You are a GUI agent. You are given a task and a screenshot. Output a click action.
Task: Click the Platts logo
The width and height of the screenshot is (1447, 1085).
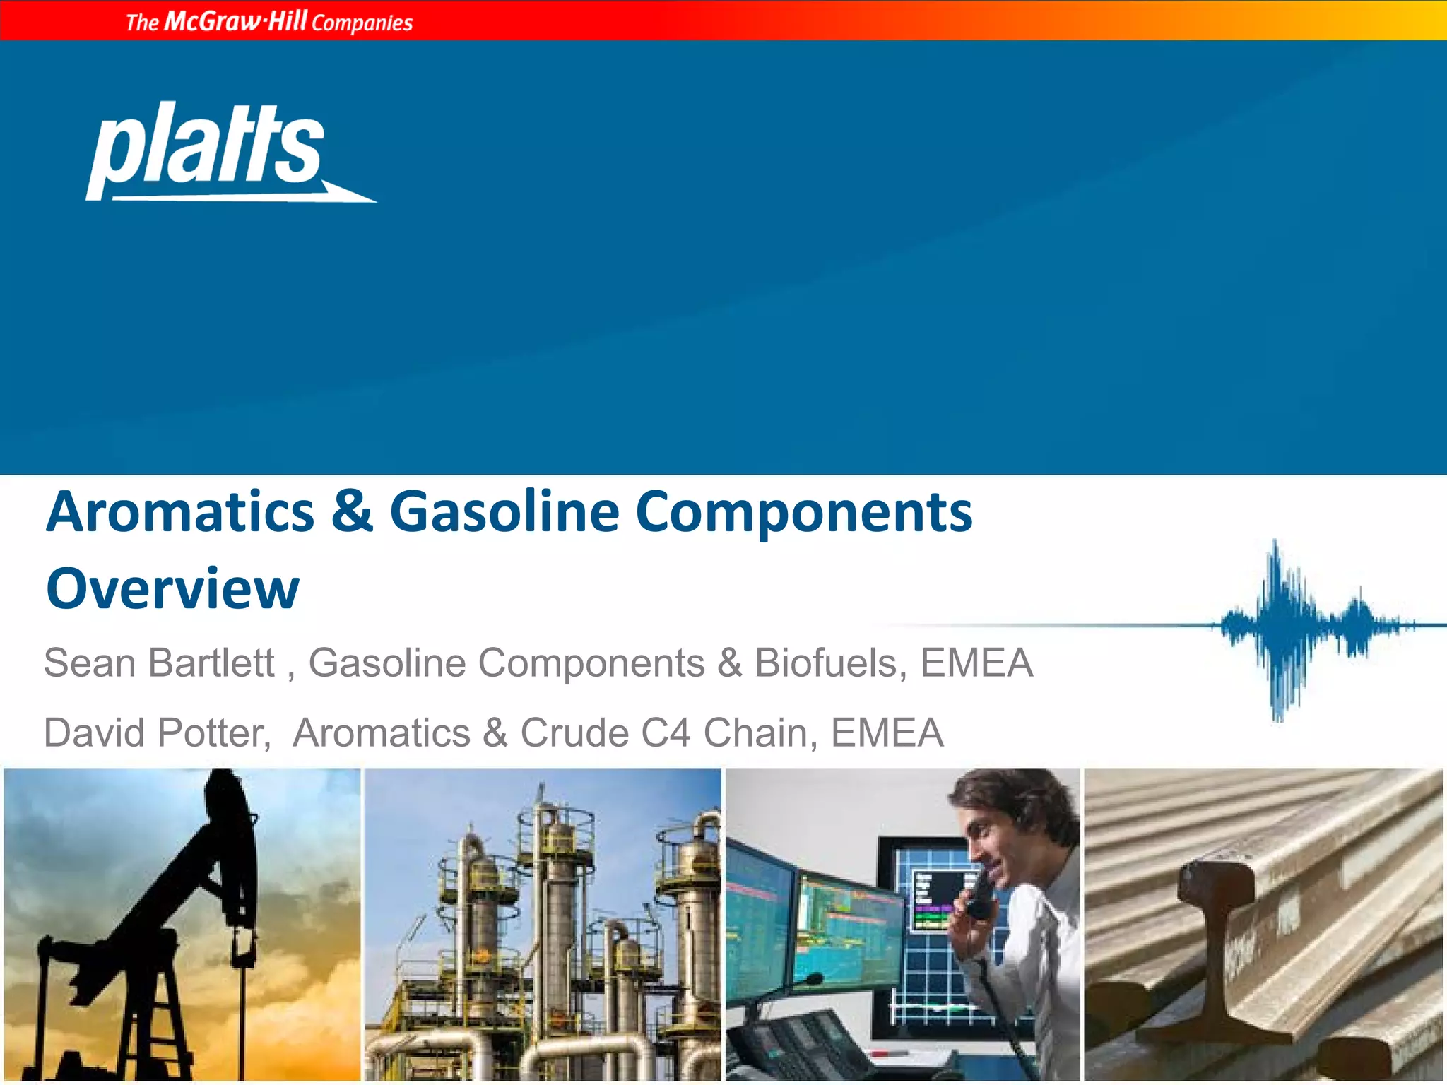pyautogui.click(x=212, y=152)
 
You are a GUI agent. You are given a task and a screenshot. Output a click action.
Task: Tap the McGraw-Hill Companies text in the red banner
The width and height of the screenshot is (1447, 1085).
pyautogui.click(x=269, y=22)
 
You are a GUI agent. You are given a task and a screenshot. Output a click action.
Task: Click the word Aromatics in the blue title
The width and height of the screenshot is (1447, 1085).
pyautogui.click(x=181, y=511)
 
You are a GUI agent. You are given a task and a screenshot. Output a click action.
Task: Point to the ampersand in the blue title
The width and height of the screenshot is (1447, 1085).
pyautogui.click(x=352, y=511)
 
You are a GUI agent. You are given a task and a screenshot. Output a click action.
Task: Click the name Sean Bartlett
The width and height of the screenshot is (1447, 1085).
pyautogui.click(x=160, y=663)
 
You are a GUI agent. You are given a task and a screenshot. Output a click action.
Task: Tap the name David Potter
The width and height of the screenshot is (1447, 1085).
pyautogui.click(x=157, y=733)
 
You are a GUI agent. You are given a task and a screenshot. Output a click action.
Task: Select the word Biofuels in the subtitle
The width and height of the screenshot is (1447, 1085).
pyautogui.click(x=825, y=663)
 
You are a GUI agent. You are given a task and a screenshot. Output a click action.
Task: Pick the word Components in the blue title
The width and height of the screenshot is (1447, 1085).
pyautogui.click(x=804, y=511)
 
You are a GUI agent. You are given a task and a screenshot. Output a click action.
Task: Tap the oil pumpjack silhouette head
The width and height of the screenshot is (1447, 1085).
pyautogui.click(x=230, y=812)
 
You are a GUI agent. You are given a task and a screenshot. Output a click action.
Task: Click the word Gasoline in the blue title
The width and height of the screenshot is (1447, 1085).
pyautogui.click(x=504, y=511)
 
